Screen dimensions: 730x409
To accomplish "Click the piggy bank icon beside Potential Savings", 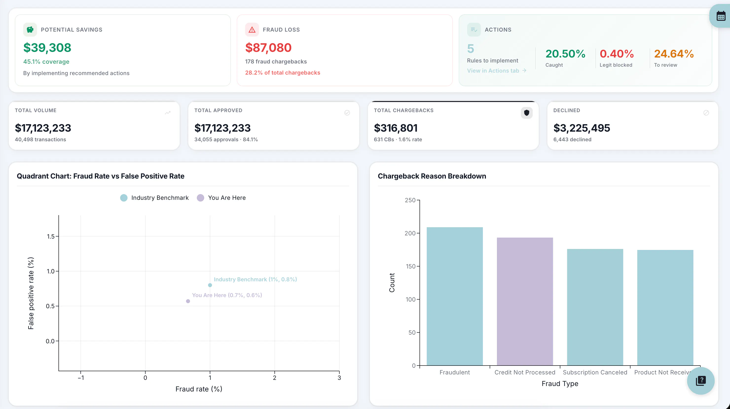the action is point(30,30).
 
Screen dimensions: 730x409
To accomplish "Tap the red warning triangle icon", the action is point(252,30).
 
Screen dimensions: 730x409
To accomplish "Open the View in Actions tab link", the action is point(496,71).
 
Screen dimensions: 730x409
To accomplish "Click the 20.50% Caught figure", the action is point(565,54).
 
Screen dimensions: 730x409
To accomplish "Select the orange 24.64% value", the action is point(674,54).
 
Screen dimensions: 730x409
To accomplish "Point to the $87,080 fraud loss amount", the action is point(268,47).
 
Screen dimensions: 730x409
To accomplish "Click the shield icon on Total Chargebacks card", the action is point(527,113).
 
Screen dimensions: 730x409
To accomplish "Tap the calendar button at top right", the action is point(721,16).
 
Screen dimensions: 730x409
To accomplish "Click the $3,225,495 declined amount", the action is point(582,128).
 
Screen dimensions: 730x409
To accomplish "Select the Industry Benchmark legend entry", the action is point(154,198).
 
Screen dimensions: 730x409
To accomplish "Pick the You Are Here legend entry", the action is point(221,198).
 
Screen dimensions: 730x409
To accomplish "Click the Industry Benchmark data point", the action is point(210,285).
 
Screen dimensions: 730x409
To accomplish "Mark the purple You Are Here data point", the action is point(188,301).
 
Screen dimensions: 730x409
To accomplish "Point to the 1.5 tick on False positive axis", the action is point(51,236).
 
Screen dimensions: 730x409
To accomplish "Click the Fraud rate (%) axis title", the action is point(199,389).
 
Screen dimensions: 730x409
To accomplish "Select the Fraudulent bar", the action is point(455,296).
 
